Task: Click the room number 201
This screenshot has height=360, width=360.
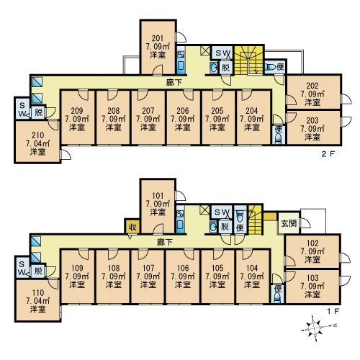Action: (x=158, y=38)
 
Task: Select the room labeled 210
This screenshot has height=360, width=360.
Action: (x=37, y=142)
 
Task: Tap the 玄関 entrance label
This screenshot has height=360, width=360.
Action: (x=289, y=223)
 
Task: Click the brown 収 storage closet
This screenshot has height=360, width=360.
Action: (x=132, y=226)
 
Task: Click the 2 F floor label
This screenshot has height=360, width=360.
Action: (x=328, y=154)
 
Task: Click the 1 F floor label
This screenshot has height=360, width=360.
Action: (x=333, y=311)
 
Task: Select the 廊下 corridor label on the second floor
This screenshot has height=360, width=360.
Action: (x=174, y=83)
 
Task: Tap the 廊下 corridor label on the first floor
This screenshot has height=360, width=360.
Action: (x=165, y=242)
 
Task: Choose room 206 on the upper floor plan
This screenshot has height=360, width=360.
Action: (x=183, y=117)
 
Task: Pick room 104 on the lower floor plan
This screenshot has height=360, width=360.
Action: (x=252, y=276)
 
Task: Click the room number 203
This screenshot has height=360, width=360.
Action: (x=312, y=120)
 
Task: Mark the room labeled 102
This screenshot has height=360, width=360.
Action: (x=312, y=251)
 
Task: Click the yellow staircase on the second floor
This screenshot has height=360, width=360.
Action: (x=249, y=60)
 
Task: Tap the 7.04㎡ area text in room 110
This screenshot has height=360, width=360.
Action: (x=37, y=301)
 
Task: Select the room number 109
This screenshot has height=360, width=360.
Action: (x=77, y=268)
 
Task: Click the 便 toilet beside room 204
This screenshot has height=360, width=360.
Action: (x=279, y=135)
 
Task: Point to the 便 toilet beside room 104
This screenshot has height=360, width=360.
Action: (x=278, y=294)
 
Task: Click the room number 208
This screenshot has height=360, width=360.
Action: (x=114, y=111)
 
